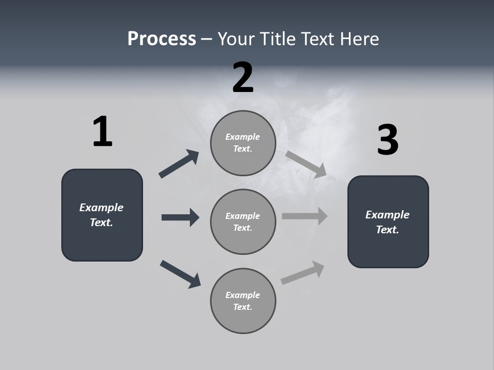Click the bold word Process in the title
(162, 39)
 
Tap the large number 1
(102, 132)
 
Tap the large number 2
(243, 78)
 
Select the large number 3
(387, 140)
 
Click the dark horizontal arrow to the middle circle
(180, 217)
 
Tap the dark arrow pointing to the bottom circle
(180, 273)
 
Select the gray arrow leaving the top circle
(306, 164)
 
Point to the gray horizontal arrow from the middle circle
(305, 216)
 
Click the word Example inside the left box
(101, 208)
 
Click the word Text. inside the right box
(387, 230)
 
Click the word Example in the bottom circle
(243, 295)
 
